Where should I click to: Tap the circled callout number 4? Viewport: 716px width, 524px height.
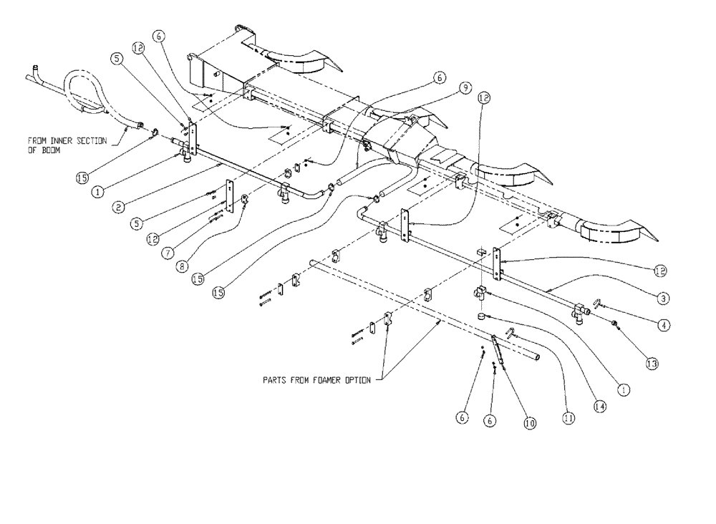(x=664, y=324)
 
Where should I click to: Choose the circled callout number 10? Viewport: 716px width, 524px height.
(x=529, y=423)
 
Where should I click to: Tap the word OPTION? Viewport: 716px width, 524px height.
(x=355, y=381)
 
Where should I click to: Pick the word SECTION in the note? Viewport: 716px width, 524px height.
(x=95, y=141)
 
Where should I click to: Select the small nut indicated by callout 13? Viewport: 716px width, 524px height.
(x=615, y=326)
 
